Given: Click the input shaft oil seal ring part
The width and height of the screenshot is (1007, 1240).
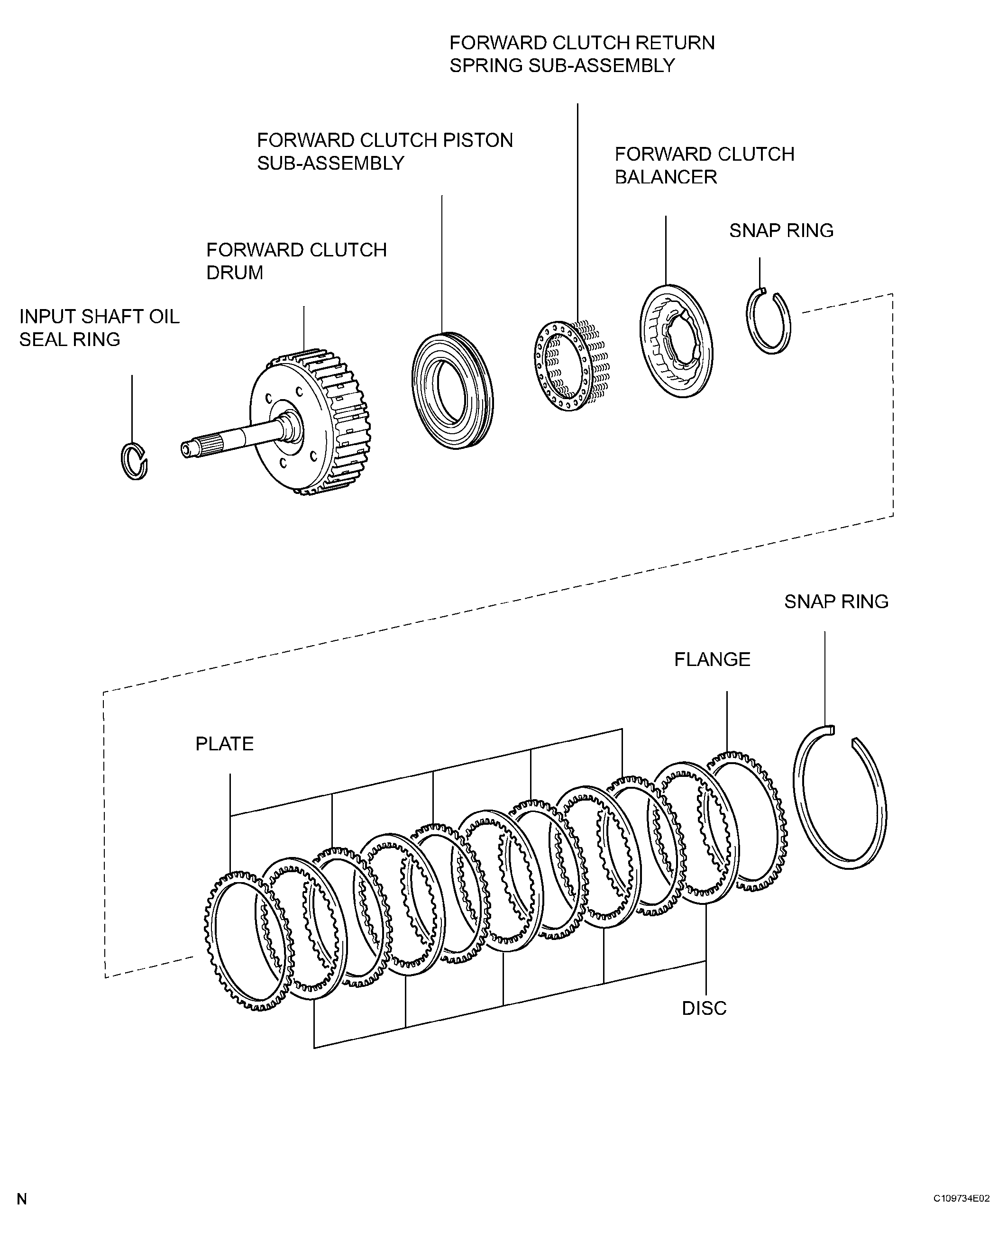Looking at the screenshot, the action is pos(124,461).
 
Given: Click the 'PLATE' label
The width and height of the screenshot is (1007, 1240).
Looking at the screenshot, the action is pos(224,744).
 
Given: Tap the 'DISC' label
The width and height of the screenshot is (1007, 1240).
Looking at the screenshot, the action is pos(704,1009).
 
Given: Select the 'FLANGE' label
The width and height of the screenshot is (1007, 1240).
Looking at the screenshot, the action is pos(712,659).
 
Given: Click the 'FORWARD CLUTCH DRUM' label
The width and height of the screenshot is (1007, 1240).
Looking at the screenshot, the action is pos(296,261).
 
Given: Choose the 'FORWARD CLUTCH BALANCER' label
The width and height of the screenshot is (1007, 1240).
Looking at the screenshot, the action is pos(704,165).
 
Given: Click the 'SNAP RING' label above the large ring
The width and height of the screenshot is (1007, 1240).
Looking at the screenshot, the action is pos(836,602).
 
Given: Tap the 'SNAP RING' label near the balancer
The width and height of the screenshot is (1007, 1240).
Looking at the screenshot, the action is pos(781,230).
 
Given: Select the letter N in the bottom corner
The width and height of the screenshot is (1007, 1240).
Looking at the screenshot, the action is pos(21,1199).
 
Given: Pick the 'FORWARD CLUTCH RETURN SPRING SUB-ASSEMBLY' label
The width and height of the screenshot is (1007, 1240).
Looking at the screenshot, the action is pos(582,54).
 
